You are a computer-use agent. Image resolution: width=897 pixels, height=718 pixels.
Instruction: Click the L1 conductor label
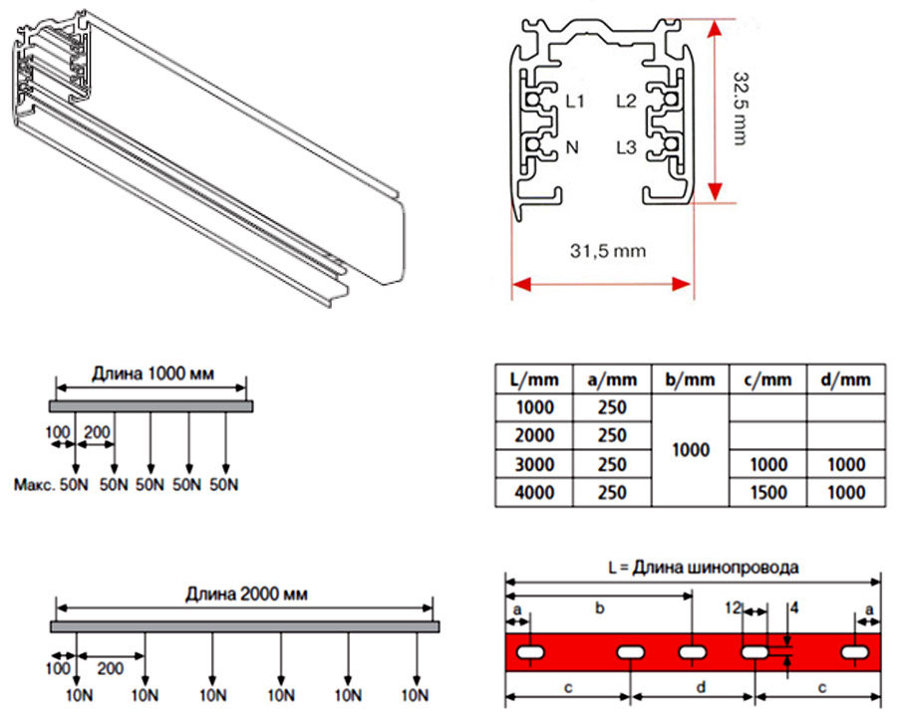[575, 101]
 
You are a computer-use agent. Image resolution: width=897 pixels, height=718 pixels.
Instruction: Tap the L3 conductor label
[626, 147]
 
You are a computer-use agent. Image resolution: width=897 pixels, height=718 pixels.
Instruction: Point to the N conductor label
[572, 147]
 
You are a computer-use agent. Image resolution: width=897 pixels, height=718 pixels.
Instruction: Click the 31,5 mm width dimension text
[607, 251]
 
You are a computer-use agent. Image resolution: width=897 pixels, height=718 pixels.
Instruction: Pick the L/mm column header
[534, 379]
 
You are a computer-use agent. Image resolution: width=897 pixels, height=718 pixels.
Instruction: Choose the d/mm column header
[846, 379]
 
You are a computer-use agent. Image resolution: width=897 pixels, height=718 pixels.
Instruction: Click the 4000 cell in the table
[534, 492]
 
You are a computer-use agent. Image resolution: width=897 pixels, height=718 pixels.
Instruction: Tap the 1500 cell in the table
[767, 492]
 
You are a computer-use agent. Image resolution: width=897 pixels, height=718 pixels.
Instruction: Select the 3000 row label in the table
[534, 464]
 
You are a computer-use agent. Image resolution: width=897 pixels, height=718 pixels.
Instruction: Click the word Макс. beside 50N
[37, 485]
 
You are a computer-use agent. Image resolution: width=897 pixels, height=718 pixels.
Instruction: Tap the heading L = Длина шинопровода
[703, 569]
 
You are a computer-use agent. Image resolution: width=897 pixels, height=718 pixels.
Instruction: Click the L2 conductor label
[626, 101]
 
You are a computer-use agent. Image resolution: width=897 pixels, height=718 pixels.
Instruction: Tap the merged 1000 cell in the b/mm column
[690, 450]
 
